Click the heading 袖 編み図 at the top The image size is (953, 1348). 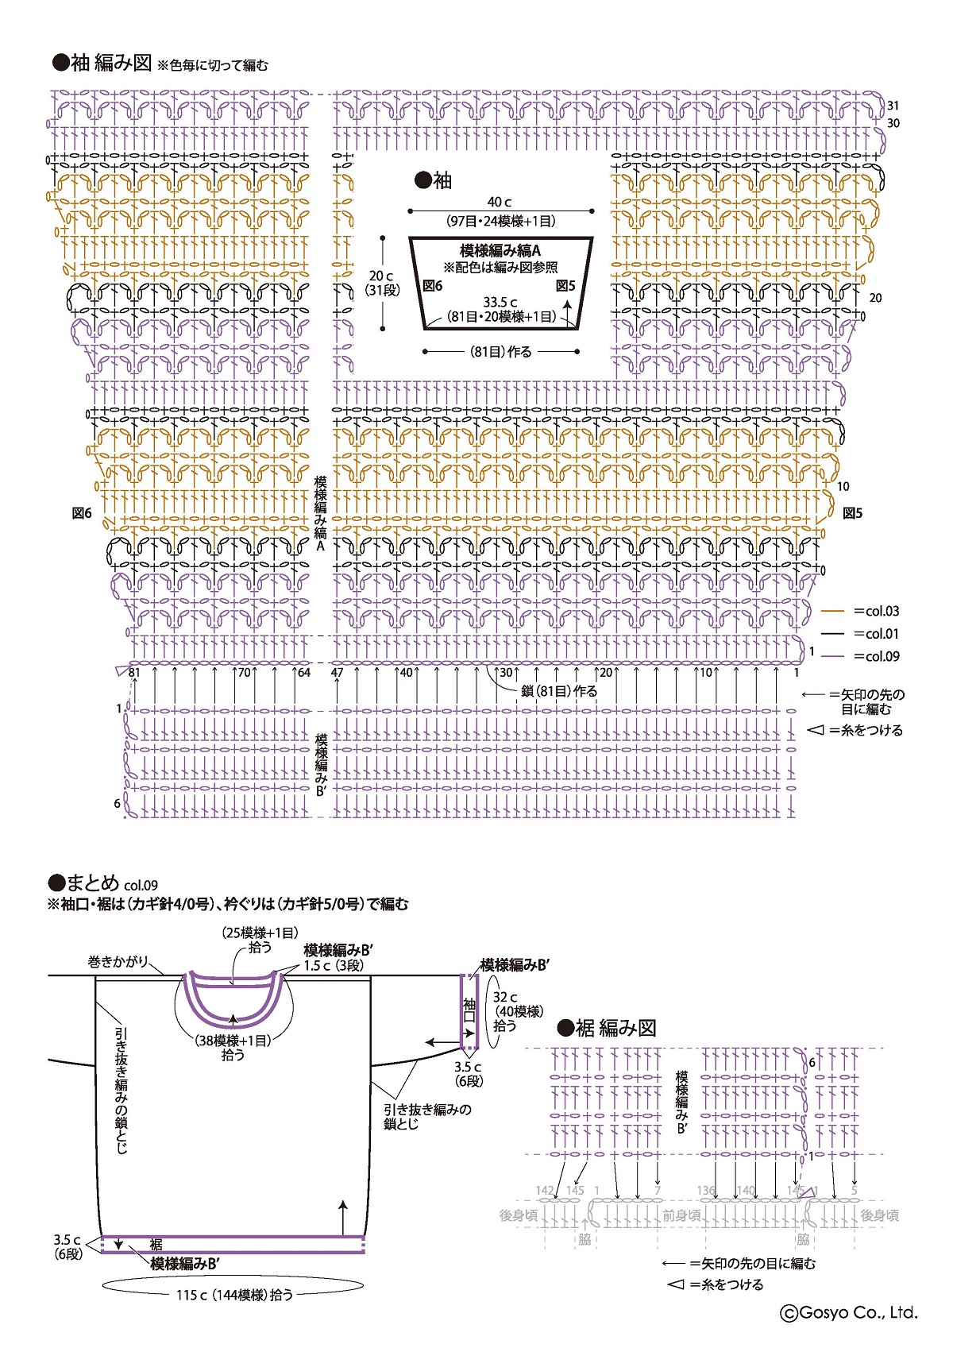[x=110, y=64]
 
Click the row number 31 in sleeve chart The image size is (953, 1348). [x=893, y=106]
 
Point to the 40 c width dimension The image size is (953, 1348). [x=500, y=202]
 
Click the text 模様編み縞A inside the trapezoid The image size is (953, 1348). [x=500, y=251]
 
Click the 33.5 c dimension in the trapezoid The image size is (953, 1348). [x=500, y=302]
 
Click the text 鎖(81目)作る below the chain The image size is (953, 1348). [x=559, y=691]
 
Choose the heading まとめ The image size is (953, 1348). [x=92, y=883]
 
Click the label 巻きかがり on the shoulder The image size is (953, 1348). [x=118, y=962]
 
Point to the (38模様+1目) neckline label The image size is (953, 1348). [x=233, y=1040]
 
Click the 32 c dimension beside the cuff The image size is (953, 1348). [x=505, y=997]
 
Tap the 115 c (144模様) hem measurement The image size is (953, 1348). [x=234, y=1295]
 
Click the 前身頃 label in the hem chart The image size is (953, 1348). [x=681, y=1215]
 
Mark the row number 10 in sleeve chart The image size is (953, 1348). [x=843, y=486]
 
